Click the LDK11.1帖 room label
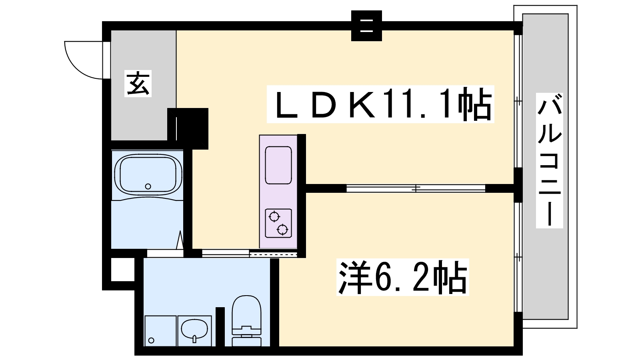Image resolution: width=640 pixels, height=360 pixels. coord(380,104)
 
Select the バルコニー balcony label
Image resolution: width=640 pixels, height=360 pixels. coord(550,160)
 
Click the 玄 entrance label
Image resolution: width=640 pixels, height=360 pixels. coord(139,84)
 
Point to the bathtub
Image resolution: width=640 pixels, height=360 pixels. coord(148,174)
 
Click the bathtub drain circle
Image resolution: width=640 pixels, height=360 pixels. coord(148,186)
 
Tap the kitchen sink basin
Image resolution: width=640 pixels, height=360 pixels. coord(278,165)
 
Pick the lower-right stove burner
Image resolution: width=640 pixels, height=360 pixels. coord(283,229)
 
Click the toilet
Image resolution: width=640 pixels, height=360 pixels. coord(246,320)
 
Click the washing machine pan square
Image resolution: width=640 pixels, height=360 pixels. coord(160,330)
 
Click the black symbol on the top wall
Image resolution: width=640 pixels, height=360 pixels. coord(366,26)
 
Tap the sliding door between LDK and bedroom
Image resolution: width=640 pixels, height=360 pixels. coord(416,188)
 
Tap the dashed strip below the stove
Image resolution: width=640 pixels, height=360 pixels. coord(273,254)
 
